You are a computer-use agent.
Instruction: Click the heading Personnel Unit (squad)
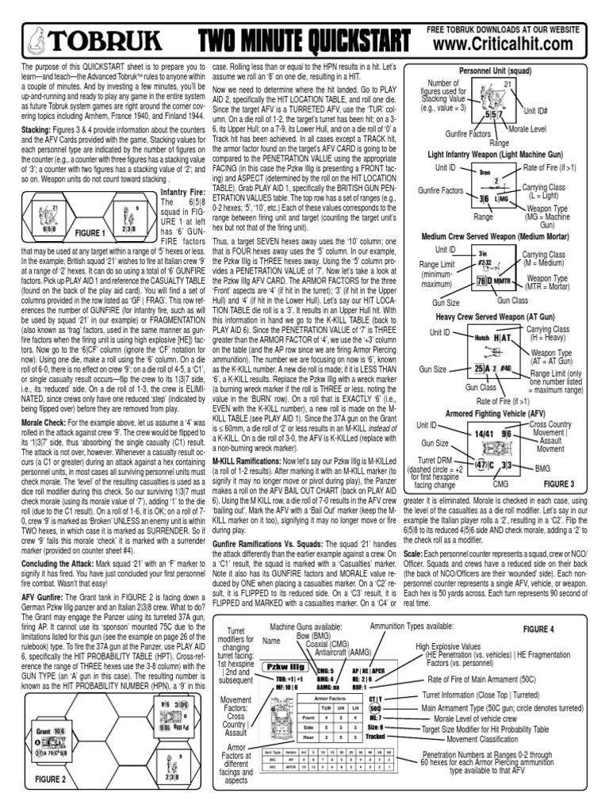coord(503,71)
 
